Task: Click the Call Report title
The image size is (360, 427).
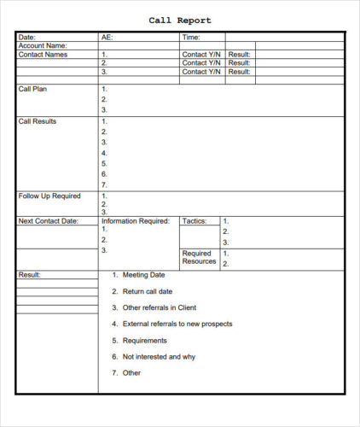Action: click(x=180, y=20)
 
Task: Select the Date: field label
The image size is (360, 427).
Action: click(x=27, y=38)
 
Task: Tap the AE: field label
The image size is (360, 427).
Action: click(x=107, y=38)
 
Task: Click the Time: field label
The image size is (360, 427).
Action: click(x=191, y=38)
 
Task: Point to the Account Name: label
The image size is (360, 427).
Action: click(x=43, y=46)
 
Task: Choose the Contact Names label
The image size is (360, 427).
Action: click(x=43, y=55)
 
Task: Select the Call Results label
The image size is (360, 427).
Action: click(x=38, y=121)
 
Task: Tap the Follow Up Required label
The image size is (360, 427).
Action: click(x=49, y=196)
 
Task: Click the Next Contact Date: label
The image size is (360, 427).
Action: click(x=48, y=221)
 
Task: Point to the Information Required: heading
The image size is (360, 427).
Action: click(x=136, y=221)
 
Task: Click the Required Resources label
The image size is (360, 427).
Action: click(x=199, y=258)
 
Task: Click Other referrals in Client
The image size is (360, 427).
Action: click(x=160, y=307)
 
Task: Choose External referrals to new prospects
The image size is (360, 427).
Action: click(x=177, y=324)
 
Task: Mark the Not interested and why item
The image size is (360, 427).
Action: click(x=160, y=356)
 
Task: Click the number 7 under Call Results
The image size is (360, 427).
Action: click(x=104, y=184)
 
